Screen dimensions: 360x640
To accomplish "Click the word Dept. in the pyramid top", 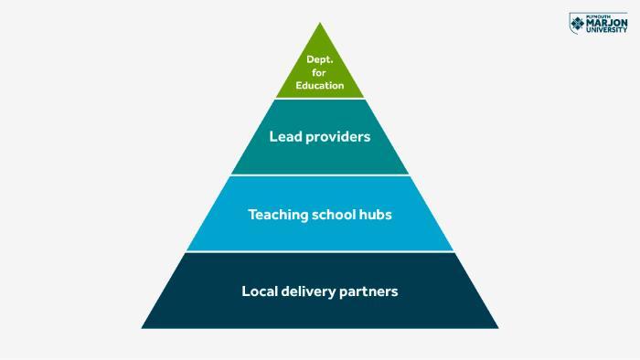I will click(x=319, y=59).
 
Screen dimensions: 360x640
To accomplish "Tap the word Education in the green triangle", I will click(x=320, y=86).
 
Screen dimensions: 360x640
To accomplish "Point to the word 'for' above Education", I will click(x=319, y=73).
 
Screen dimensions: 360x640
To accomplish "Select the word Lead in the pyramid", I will click(x=284, y=137).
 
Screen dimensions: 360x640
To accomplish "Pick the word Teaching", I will click(x=278, y=215).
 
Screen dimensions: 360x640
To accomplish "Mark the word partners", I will click(x=370, y=292).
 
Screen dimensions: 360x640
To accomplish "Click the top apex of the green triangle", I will click(x=320, y=24).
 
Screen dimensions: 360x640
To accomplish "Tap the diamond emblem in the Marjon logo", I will click(x=578, y=24).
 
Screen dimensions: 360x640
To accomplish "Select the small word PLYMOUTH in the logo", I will click(x=598, y=16).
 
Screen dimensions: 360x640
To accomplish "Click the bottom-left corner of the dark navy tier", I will click(x=143, y=327).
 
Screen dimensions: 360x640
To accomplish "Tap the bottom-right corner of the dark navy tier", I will click(x=497, y=327).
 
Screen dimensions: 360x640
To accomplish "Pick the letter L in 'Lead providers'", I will click(x=272, y=137).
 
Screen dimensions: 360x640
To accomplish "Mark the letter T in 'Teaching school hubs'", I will click(x=252, y=215).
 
